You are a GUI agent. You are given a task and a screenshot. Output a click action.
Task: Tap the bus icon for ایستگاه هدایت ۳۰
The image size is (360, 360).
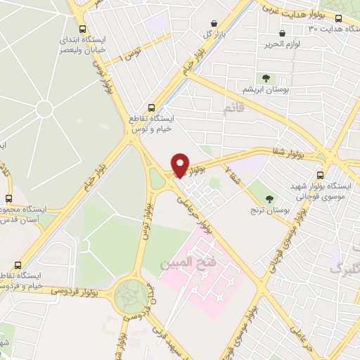pos(339,19)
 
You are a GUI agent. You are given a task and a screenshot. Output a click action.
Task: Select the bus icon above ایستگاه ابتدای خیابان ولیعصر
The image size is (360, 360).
pos(84,30)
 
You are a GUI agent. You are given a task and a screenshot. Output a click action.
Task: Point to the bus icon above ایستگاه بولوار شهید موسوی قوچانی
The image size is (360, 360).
pos(321,175)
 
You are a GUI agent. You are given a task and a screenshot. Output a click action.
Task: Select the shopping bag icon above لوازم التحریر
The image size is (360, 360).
pos(282,34)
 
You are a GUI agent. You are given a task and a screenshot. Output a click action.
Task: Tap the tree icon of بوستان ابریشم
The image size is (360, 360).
pos(266,79)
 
